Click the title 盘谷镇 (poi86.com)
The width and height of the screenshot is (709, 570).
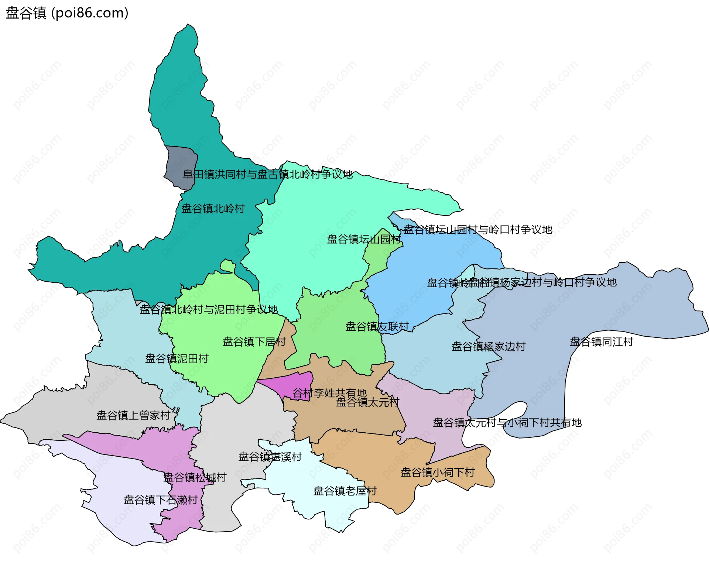(x=67, y=13)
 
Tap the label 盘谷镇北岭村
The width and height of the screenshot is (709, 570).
(x=213, y=209)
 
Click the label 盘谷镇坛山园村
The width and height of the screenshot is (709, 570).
(x=364, y=239)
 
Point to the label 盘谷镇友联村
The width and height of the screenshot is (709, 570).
(x=377, y=326)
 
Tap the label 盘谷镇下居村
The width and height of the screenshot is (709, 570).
(x=254, y=341)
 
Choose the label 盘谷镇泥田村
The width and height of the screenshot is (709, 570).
(x=177, y=358)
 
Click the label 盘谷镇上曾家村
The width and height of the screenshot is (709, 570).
(x=133, y=415)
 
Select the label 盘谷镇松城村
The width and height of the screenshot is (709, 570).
(x=195, y=477)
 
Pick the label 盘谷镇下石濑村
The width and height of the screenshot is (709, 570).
(x=161, y=500)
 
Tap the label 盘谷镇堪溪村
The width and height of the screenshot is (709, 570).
(x=270, y=457)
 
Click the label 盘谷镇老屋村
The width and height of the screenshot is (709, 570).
(x=345, y=491)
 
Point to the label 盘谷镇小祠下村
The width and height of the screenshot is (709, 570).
(x=438, y=472)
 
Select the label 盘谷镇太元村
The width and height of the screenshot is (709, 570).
(x=367, y=402)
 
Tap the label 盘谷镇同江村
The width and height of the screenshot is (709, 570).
(x=601, y=341)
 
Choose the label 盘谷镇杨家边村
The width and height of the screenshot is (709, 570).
(x=488, y=346)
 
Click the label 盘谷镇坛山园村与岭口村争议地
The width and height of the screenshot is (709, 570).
(x=477, y=230)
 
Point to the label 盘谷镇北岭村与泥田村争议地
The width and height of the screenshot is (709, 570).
(x=208, y=309)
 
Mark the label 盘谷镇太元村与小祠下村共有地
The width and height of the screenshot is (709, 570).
(x=507, y=422)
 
